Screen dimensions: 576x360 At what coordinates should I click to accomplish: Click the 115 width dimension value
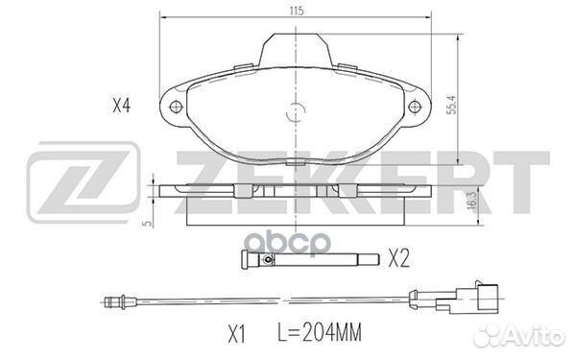(x=297, y=11)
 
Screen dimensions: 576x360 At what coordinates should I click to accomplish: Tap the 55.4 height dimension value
(x=452, y=105)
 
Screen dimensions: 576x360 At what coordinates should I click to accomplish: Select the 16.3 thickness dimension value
(x=472, y=201)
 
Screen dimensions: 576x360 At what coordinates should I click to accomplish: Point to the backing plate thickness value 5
(x=148, y=223)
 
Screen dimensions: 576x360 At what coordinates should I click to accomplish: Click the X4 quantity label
(x=121, y=107)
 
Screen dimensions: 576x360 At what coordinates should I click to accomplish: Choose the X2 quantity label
(x=399, y=259)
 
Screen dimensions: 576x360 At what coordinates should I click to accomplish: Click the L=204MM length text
(x=320, y=332)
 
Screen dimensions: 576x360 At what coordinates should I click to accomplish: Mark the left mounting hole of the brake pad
(x=176, y=108)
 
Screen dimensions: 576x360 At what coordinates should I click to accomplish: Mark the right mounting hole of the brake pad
(x=415, y=108)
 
